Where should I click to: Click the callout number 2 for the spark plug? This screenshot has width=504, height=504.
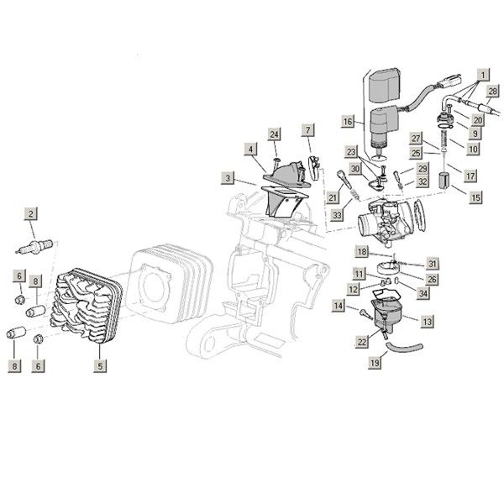click(31, 214)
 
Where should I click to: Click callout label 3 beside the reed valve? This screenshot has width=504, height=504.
click(228, 178)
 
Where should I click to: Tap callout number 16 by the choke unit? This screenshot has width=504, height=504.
click(348, 122)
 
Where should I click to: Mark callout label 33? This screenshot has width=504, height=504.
click(337, 216)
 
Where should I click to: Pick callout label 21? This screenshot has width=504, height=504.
click(333, 197)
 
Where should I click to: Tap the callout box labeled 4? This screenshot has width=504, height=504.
click(250, 149)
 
